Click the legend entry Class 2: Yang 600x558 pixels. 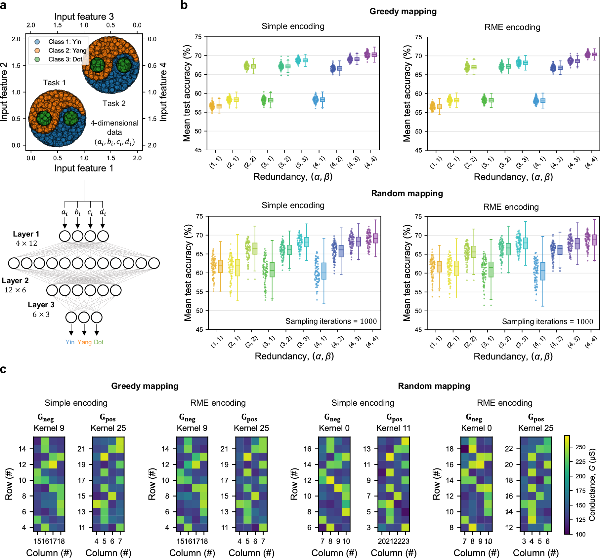point(67,51)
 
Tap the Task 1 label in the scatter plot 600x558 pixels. point(54,83)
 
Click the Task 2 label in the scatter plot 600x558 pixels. point(114,103)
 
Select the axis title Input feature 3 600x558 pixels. point(84,17)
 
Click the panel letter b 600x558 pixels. point(184,5)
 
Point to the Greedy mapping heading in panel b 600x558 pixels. point(403,12)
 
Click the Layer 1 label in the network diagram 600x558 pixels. point(26,234)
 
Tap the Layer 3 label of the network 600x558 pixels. point(41,305)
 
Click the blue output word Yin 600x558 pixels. point(70,342)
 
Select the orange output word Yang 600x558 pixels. point(84,342)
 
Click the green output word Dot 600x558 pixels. point(99,342)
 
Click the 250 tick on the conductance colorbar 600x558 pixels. point(580,447)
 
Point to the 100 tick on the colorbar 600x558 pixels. point(580,534)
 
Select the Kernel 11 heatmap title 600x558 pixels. point(393,428)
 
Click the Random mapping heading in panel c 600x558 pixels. point(434,386)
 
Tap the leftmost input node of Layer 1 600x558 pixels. point(65,236)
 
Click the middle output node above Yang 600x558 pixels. point(84,317)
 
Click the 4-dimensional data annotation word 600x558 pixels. point(114,123)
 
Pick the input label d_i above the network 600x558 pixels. point(103,212)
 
